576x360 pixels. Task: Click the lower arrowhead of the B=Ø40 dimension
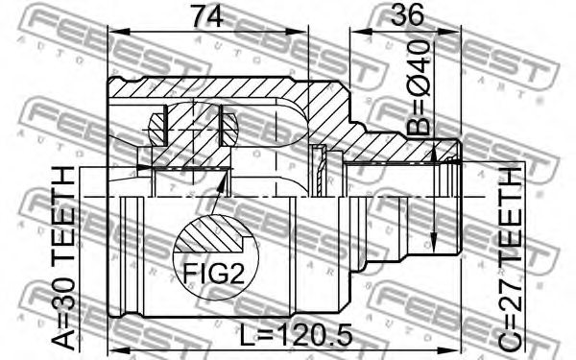click(x=435, y=237)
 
